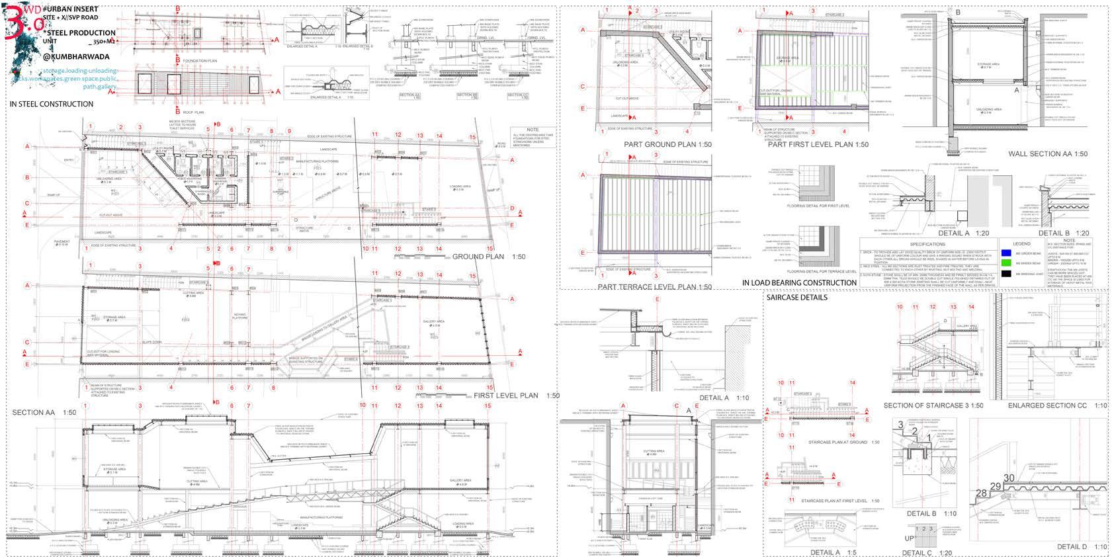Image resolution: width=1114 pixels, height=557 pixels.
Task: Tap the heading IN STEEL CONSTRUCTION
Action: coord(51,104)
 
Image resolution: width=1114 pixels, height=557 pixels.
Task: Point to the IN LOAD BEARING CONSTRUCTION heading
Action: coord(799,282)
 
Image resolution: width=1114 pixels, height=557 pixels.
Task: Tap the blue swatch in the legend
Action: coord(1006,253)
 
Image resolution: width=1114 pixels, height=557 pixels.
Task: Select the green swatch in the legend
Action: coord(1006,263)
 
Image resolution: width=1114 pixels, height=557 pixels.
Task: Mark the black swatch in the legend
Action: coord(1006,273)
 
